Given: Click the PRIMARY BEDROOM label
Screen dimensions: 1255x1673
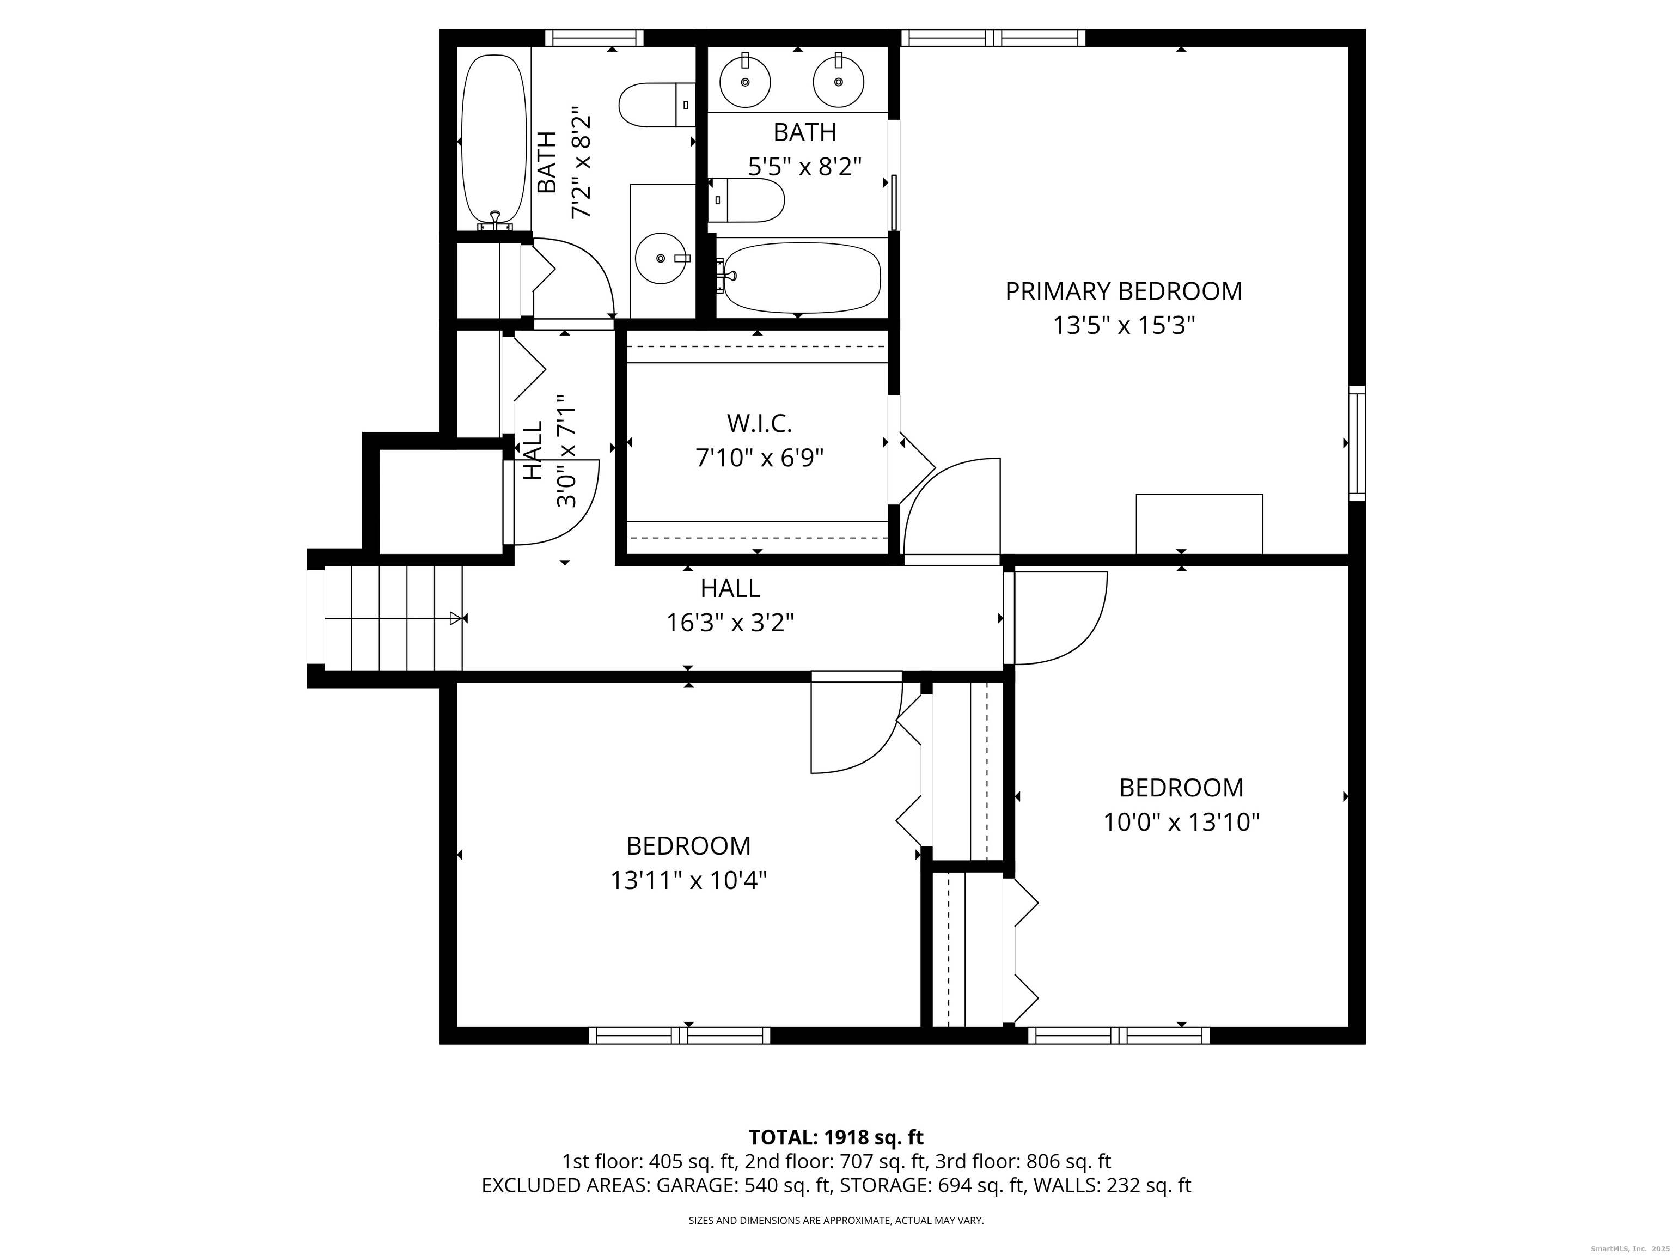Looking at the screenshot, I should pos(1123,291).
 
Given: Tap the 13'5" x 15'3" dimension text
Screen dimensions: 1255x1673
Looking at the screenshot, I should pos(1123,326).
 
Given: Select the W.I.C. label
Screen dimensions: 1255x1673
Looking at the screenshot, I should pos(759,424).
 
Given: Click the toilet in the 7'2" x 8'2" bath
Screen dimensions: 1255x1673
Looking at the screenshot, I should pos(655,105).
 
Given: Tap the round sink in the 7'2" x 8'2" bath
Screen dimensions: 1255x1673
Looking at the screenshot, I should pos(661,258).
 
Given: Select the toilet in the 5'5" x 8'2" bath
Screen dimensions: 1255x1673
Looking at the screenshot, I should pos(747,200).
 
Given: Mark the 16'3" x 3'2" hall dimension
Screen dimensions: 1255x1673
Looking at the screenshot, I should pos(730,623).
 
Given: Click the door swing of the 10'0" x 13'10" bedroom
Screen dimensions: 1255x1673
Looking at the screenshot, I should pos(1059,617).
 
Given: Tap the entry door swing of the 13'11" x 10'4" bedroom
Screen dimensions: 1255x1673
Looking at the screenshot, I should pos(854,726).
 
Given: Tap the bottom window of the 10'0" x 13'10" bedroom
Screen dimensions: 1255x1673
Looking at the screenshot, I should pos(1118,1035).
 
